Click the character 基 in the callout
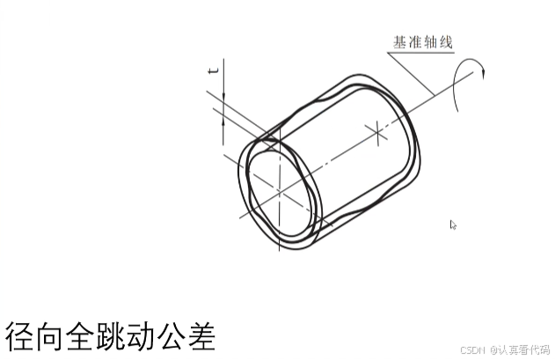point(399,41)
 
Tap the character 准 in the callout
point(415,41)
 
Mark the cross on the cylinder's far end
point(376,135)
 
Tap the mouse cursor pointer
point(453,224)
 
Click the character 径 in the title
point(20,334)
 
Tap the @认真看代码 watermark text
point(520,349)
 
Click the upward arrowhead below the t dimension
point(224,121)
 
